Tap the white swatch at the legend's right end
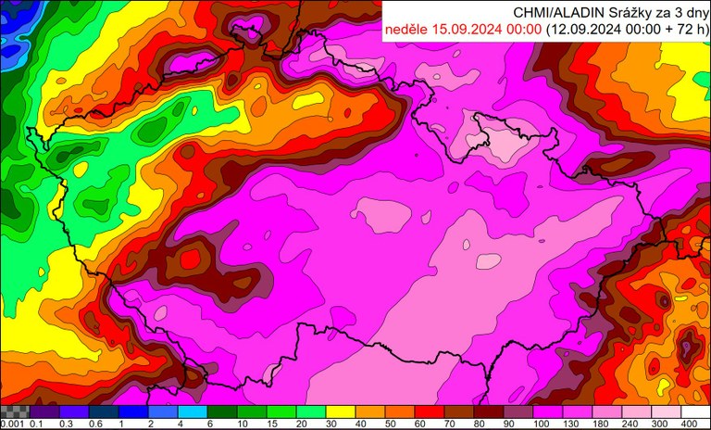tap(695, 411)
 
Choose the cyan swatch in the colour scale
tap(193, 411)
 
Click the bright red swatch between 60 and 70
tap(430, 411)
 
